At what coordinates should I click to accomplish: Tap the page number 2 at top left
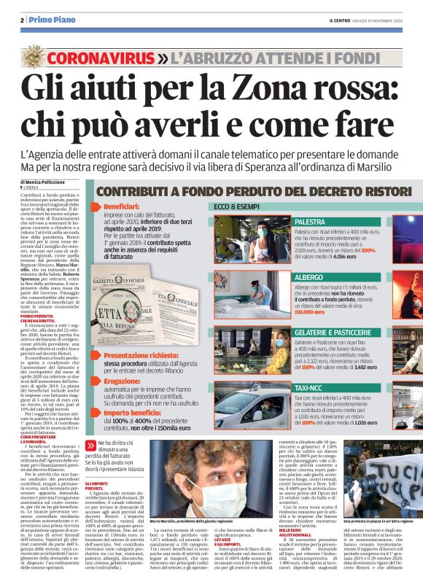point(23,20)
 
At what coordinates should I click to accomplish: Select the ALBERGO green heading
point(308,278)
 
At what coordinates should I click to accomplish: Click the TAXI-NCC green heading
point(309,387)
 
